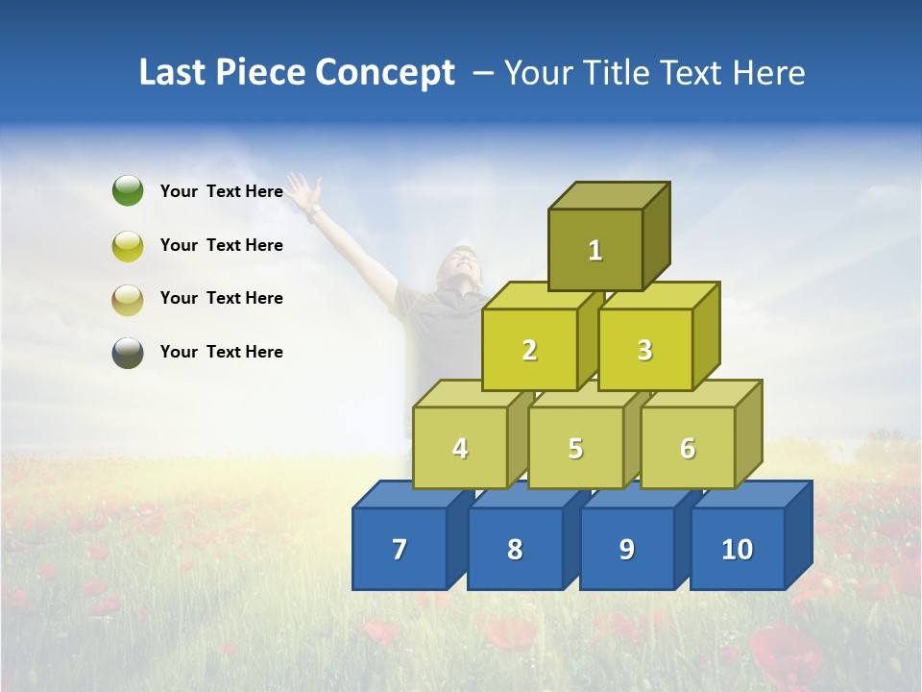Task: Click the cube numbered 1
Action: coord(595,250)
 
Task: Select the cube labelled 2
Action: coord(529,350)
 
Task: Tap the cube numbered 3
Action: coord(644,350)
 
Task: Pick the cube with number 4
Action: coord(460,448)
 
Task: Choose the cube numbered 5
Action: coord(575,448)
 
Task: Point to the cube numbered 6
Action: coord(687,448)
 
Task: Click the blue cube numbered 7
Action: coord(400,549)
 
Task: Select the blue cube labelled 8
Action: coord(515,549)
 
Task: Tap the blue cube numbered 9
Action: coord(626,549)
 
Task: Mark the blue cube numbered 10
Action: coord(737,549)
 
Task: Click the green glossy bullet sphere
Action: coord(128,191)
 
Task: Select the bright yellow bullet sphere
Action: coord(128,245)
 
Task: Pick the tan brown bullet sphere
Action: coord(128,299)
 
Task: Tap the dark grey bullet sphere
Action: coord(128,353)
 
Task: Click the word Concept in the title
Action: coord(385,73)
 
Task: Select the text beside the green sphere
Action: coord(222,191)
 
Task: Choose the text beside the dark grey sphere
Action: coord(222,352)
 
